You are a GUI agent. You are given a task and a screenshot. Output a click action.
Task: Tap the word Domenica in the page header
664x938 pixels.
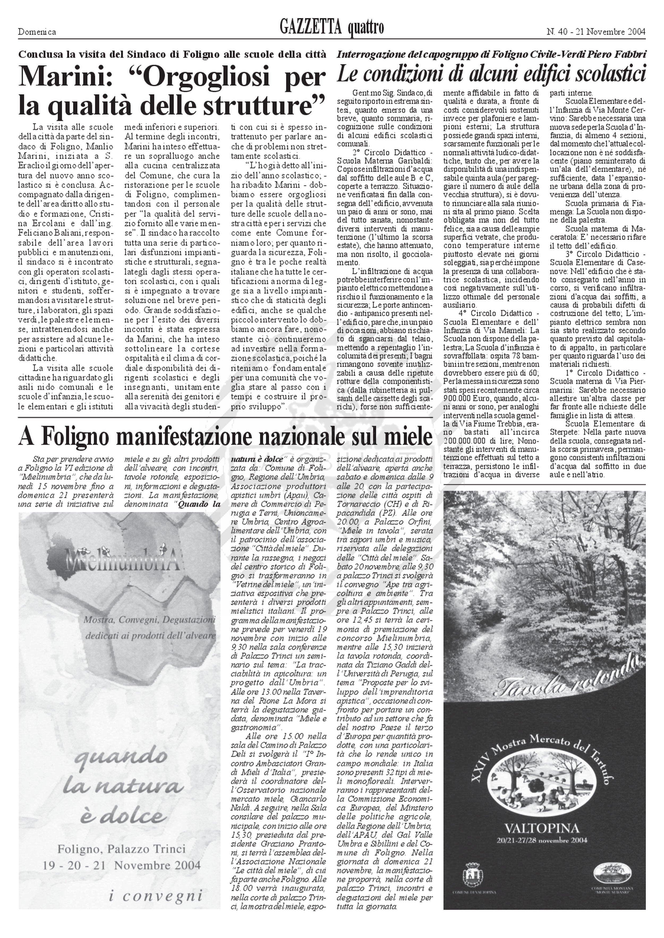(37, 32)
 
